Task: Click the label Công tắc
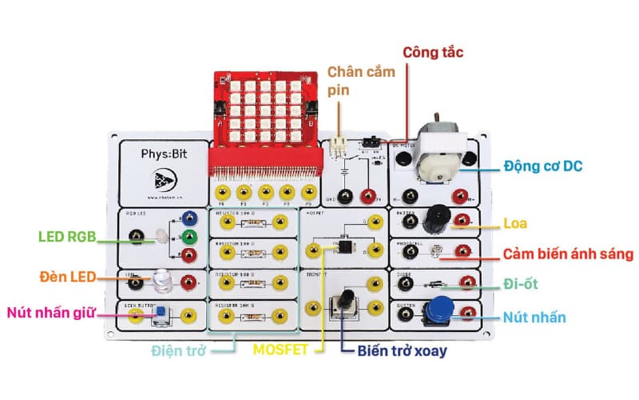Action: (433, 52)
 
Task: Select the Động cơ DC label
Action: (542, 167)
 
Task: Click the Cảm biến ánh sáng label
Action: (568, 254)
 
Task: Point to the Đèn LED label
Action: (68, 277)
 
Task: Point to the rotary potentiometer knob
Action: (347, 300)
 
